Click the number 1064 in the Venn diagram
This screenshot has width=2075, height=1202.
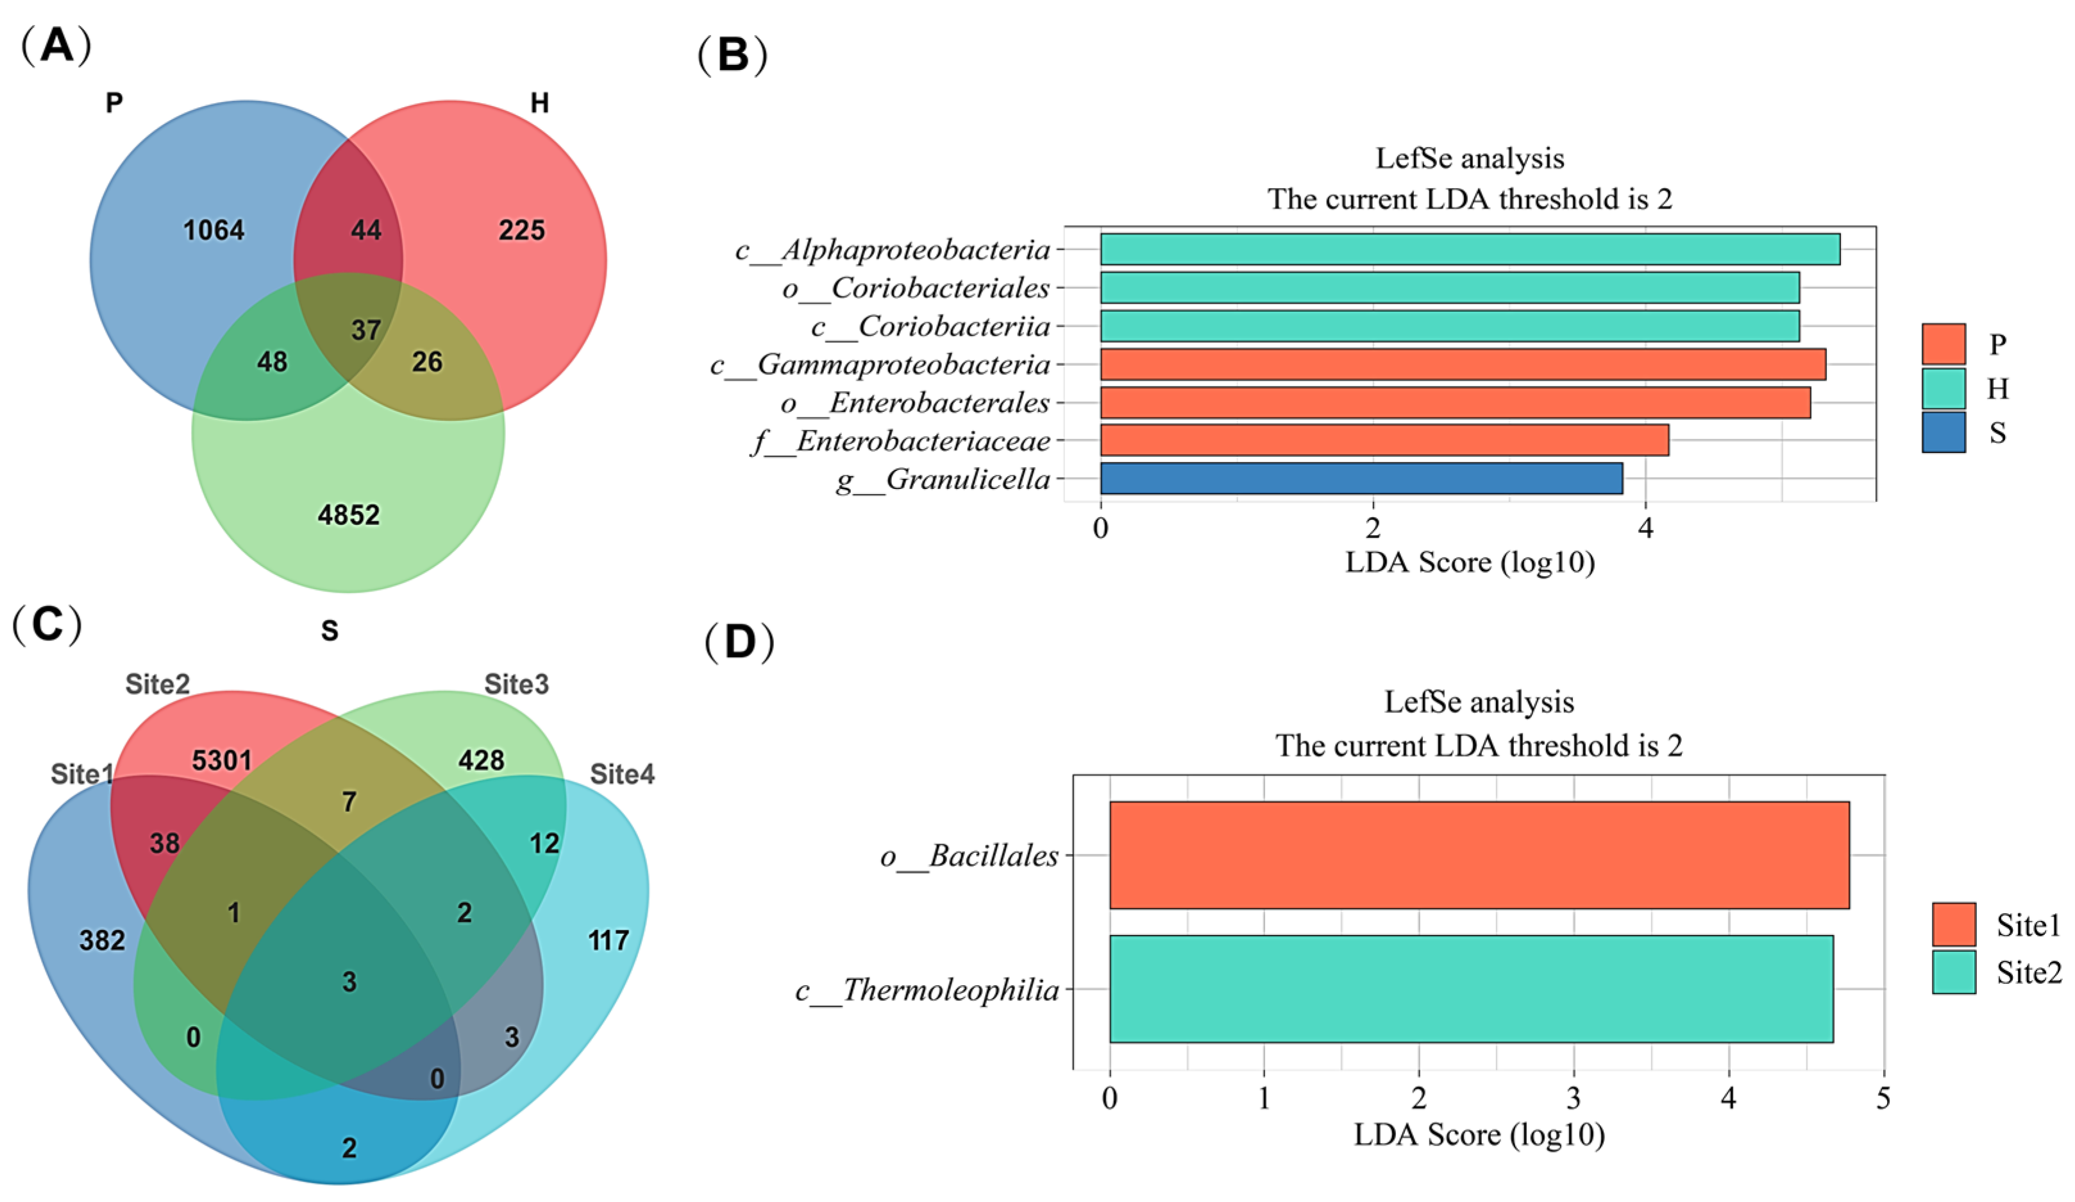pyautogui.click(x=214, y=230)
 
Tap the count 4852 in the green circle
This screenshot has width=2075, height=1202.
pyautogui.click(x=348, y=516)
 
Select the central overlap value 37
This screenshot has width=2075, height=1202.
pyautogui.click(x=365, y=331)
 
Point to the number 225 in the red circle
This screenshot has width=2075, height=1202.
pyautogui.click(x=521, y=230)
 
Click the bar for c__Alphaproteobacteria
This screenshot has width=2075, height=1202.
pyautogui.click(x=1469, y=249)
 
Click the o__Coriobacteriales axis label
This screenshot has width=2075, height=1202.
pyautogui.click(x=916, y=288)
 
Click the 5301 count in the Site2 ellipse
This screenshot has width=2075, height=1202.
pyautogui.click(x=221, y=760)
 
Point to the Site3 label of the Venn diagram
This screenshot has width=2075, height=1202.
pyautogui.click(x=516, y=685)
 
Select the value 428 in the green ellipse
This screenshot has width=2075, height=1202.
pyautogui.click(x=481, y=760)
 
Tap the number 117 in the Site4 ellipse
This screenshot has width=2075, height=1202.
pyautogui.click(x=608, y=941)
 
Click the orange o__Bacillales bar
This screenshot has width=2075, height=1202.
pyautogui.click(x=1479, y=855)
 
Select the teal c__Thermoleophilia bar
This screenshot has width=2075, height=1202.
pyautogui.click(x=1470, y=989)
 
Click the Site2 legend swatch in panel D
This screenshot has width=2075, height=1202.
pyautogui.click(x=1953, y=972)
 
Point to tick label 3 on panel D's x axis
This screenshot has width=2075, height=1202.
pyautogui.click(x=1574, y=1098)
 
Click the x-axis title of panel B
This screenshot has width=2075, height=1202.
pyautogui.click(x=1469, y=563)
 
